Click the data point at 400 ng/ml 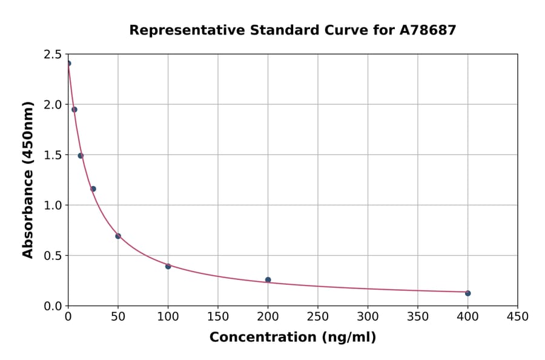coord(467,293)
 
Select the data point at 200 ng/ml coord(268,280)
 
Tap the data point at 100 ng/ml coord(168,266)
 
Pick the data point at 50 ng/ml coord(118,236)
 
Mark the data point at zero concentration coord(68,63)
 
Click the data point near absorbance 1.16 coord(93,188)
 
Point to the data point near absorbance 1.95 coord(74,110)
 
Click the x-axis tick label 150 coord(218,317)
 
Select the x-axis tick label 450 coord(517,317)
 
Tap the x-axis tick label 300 coord(368,317)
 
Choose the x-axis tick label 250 coord(317,317)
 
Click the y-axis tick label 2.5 coord(53,55)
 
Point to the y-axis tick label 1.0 coord(53,205)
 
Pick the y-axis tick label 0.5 coord(53,256)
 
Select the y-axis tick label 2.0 coord(53,105)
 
